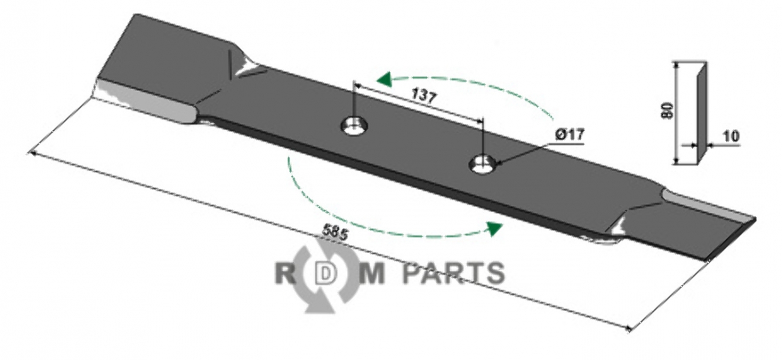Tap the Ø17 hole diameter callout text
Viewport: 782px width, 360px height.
[x=569, y=134]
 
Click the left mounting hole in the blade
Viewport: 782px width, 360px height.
[x=354, y=125]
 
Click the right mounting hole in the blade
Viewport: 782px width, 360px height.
[x=483, y=163]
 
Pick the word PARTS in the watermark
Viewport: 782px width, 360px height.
[x=454, y=273]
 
